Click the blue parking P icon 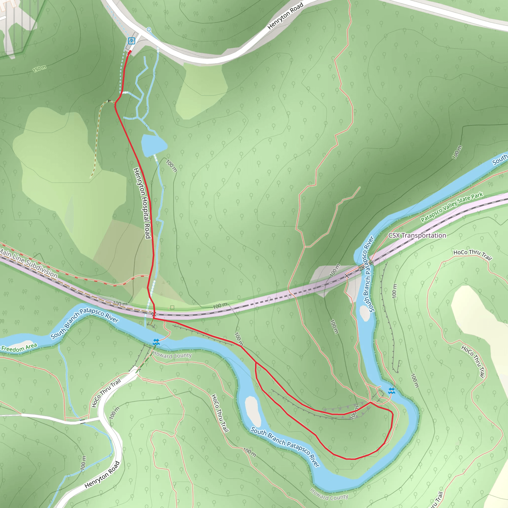click(x=131, y=41)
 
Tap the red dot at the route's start click(x=130, y=52)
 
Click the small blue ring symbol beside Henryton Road click(x=149, y=30)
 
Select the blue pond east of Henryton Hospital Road click(x=153, y=145)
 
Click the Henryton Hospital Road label click(x=142, y=203)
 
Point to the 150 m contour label click(x=39, y=69)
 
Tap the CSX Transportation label click(x=417, y=235)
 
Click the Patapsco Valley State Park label click(x=452, y=207)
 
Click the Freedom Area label click(x=19, y=348)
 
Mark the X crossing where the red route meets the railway click(x=154, y=314)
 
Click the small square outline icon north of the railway click(x=172, y=307)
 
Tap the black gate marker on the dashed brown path click(x=109, y=101)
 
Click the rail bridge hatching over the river click(x=366, y=266)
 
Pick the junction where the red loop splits click(x=255, y=363)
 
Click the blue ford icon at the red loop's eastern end click(x=391, y=391)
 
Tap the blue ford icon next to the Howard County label click(x=156, y=342)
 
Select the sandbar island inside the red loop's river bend click(x=253, y=412)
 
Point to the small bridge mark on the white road click(x=83, y=421)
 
